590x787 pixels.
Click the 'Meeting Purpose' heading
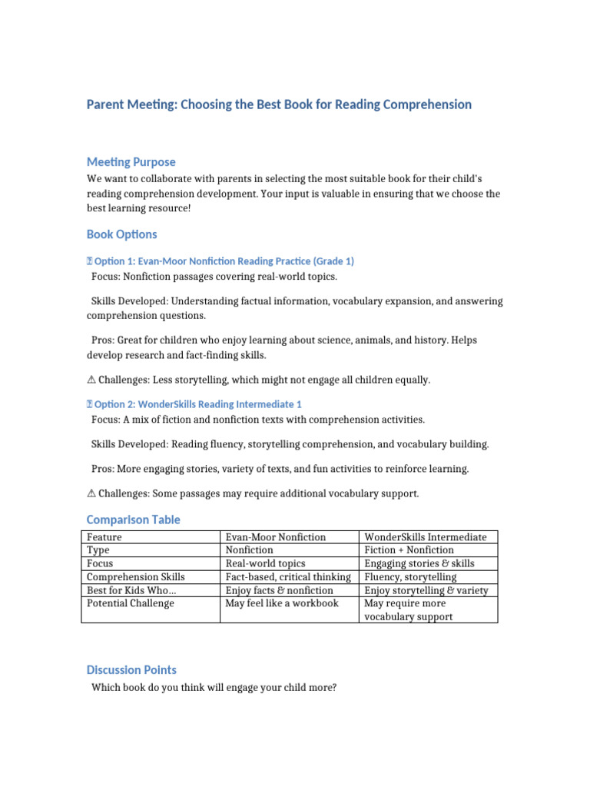click(131, 162)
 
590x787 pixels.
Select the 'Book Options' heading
click(121, 234)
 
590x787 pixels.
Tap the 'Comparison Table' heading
click(133, 520)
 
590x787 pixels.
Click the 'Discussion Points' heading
click(131, 669)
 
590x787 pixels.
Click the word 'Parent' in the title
click(108, 104)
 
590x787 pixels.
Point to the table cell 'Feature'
click(104, 537)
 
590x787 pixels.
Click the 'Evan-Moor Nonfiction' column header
click(275, 537)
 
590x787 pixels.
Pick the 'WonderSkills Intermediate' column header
click(425, 537)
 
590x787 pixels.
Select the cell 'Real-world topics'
click(265, 563)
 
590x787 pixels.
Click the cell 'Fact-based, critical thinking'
click(288, 577)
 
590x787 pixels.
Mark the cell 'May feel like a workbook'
click(281, 603)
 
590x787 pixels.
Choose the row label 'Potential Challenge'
click(131, 603)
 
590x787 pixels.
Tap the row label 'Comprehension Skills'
click(136, 577)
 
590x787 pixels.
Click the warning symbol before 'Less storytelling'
click(91, 380)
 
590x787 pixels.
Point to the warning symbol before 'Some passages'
click(91, 493)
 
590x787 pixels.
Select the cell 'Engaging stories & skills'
click(419, 563)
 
